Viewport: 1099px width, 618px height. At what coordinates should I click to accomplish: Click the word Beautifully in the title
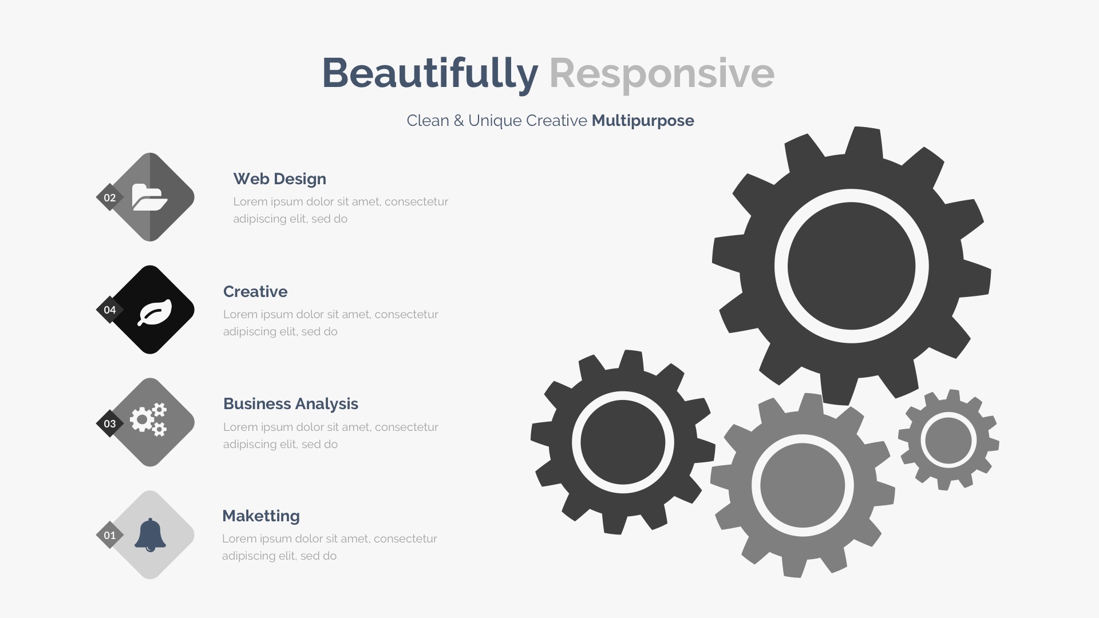click(x=430, y=74)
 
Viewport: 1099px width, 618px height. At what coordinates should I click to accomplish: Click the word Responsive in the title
click(x=662, y=74)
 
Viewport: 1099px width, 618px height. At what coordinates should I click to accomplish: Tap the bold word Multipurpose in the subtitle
click(x=643, y=121)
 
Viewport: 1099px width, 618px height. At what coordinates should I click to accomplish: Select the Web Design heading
click(x=279, y=179)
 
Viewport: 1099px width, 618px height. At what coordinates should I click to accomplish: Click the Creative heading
click(x=255, y=292)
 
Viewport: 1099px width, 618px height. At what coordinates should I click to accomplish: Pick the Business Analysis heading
click(x=291, y=404)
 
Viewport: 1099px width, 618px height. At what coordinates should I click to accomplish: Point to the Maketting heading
click(x=261, y=516)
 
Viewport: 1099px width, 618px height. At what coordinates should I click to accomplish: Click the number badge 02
click(x=110, y=197)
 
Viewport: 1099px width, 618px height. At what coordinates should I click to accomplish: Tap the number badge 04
click(x=110, y=310)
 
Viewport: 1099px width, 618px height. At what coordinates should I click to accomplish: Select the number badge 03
click(x=110, y=423)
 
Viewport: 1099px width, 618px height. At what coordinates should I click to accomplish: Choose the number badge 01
click(x=110, y=535)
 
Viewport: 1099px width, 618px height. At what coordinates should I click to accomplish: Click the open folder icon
click(x=150, y=197)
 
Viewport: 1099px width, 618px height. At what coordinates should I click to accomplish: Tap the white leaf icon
click(x=154, y=312)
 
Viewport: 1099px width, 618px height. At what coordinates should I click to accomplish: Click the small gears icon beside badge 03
click(x=148, y=419)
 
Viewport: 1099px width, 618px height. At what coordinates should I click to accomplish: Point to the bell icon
click(x=150, y=535)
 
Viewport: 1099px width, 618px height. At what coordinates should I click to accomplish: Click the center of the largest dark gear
click(x=851, y=266)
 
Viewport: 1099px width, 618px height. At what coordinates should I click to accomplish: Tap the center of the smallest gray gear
click(x=948, y=440)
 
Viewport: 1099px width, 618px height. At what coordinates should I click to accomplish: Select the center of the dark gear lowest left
click(x=623, y=442)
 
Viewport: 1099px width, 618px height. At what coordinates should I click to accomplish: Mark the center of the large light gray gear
click(x=802, y=485)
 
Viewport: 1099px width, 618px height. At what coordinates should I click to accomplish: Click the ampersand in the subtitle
click(x=458, y=121)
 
